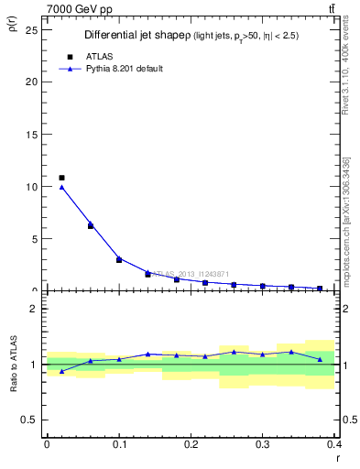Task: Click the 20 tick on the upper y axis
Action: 34,82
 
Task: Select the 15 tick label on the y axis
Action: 34,134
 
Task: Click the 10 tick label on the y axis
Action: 34,186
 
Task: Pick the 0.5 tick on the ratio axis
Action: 32,420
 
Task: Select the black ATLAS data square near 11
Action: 61,178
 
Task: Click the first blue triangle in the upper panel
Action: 61,187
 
